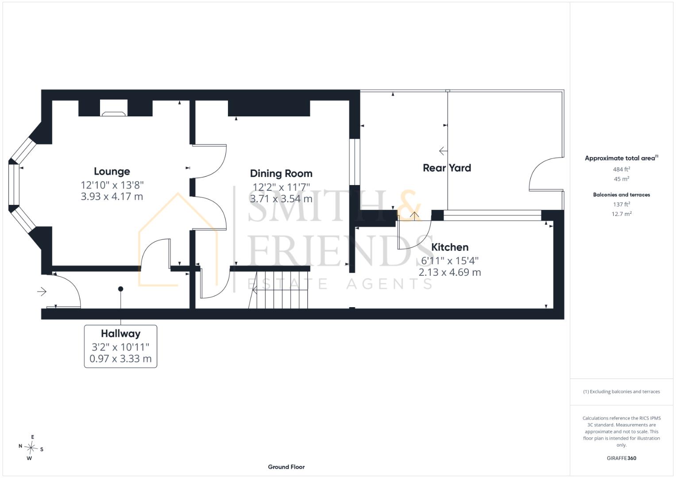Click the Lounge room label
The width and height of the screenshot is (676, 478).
pyautogui.click(x=112, y=171)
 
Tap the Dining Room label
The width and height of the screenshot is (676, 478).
pyautogui.click(x=281, y=173)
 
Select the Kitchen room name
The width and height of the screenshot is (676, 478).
pyautogui.click(x=450, y=247)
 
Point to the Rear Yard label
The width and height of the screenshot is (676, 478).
pyautogui.click(x=447, y=168)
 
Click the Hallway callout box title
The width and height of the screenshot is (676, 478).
pyautogui.click(x=121, y=333)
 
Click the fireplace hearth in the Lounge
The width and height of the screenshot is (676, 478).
pyautogui.click(x=113, y=114)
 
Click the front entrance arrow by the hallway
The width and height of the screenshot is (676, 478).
pyautogui.click(x=42, y=292)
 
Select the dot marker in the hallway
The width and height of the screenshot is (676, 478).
pyautogui.click(x=121, y=289)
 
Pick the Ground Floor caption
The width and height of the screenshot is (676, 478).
pyautogui.click(x=286, y=467)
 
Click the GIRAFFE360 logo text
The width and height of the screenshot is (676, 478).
pyautogui.click(x=622, y=458)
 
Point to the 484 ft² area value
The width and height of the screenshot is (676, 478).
pyautogui.click(x=622, y=169)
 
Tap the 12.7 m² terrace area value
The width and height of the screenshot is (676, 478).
pyautogui.click(x=622, y=214)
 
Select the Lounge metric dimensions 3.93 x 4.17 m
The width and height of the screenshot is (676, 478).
pyautogui.click(x=112, y=197)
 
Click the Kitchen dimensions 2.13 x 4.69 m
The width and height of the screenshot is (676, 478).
pyautogui.click(x=450, y=272)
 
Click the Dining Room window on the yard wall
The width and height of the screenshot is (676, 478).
pyautogui.click(x=355, y=162)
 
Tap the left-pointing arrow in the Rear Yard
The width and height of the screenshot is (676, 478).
pyautogui.click(x=443, y=150)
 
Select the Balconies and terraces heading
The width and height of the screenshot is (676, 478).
pyautogui.click(x=622, y=195)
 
